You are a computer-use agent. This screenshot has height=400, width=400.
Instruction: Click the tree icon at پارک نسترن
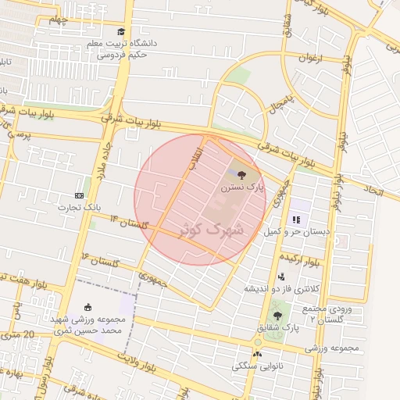240,173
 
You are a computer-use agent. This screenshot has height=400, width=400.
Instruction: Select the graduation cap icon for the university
121,31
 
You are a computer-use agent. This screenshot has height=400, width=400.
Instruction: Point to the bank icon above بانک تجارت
79,195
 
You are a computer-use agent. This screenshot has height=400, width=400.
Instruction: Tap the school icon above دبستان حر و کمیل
296,220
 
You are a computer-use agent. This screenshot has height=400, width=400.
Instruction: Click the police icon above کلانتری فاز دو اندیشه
281,276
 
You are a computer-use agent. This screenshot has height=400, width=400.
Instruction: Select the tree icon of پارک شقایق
277,315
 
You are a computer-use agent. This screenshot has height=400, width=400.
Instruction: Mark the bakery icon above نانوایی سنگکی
258,354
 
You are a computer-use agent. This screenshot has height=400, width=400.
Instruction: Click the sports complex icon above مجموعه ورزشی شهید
87,307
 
